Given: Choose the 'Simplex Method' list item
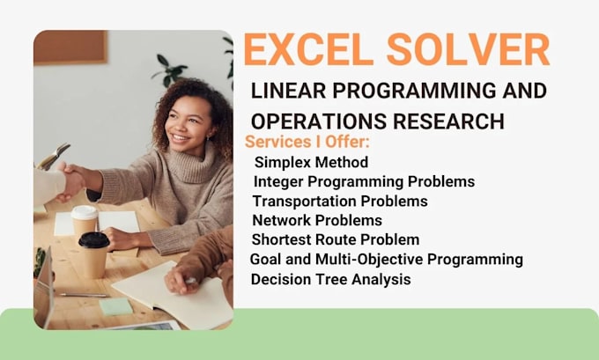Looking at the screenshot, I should (311, 162).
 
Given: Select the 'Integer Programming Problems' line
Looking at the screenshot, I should (364, 181).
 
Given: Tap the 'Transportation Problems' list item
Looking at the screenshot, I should (339, 201).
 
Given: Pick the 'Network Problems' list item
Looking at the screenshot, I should (317, 220).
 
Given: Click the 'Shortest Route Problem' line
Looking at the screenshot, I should (336, 239).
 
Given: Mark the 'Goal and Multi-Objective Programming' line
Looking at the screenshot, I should (387, 260).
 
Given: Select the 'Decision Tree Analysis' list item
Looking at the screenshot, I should (330, 279).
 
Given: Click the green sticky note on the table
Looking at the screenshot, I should (115, 306).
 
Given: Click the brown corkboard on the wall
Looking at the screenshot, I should (70, 48).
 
